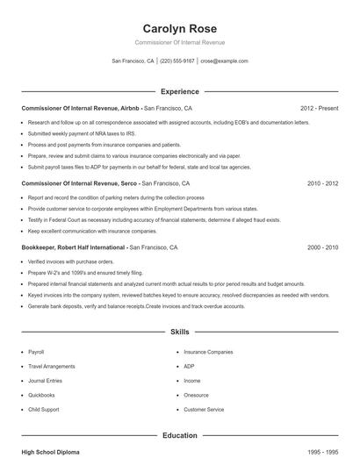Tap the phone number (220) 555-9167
click(x=177, y=61)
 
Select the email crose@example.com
click(x=224, y=61)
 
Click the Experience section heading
click(x=179, y=91)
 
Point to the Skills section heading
click(x=179, y=333)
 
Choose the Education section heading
click(x=179, y=434)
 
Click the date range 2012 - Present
click(x=319, y=108)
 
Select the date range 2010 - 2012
click(x=322, y=184)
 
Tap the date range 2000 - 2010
click(x=322, y=248)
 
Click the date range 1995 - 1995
click(x=322, y=452)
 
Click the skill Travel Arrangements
click(x=52, y=366)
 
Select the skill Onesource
click(x=196, y=395)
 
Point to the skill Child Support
click(x=44, y=410)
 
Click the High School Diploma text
click(x=50, y=452)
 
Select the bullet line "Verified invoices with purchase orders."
click(x=71, y=261)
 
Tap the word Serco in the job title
click(x=126, y=184)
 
